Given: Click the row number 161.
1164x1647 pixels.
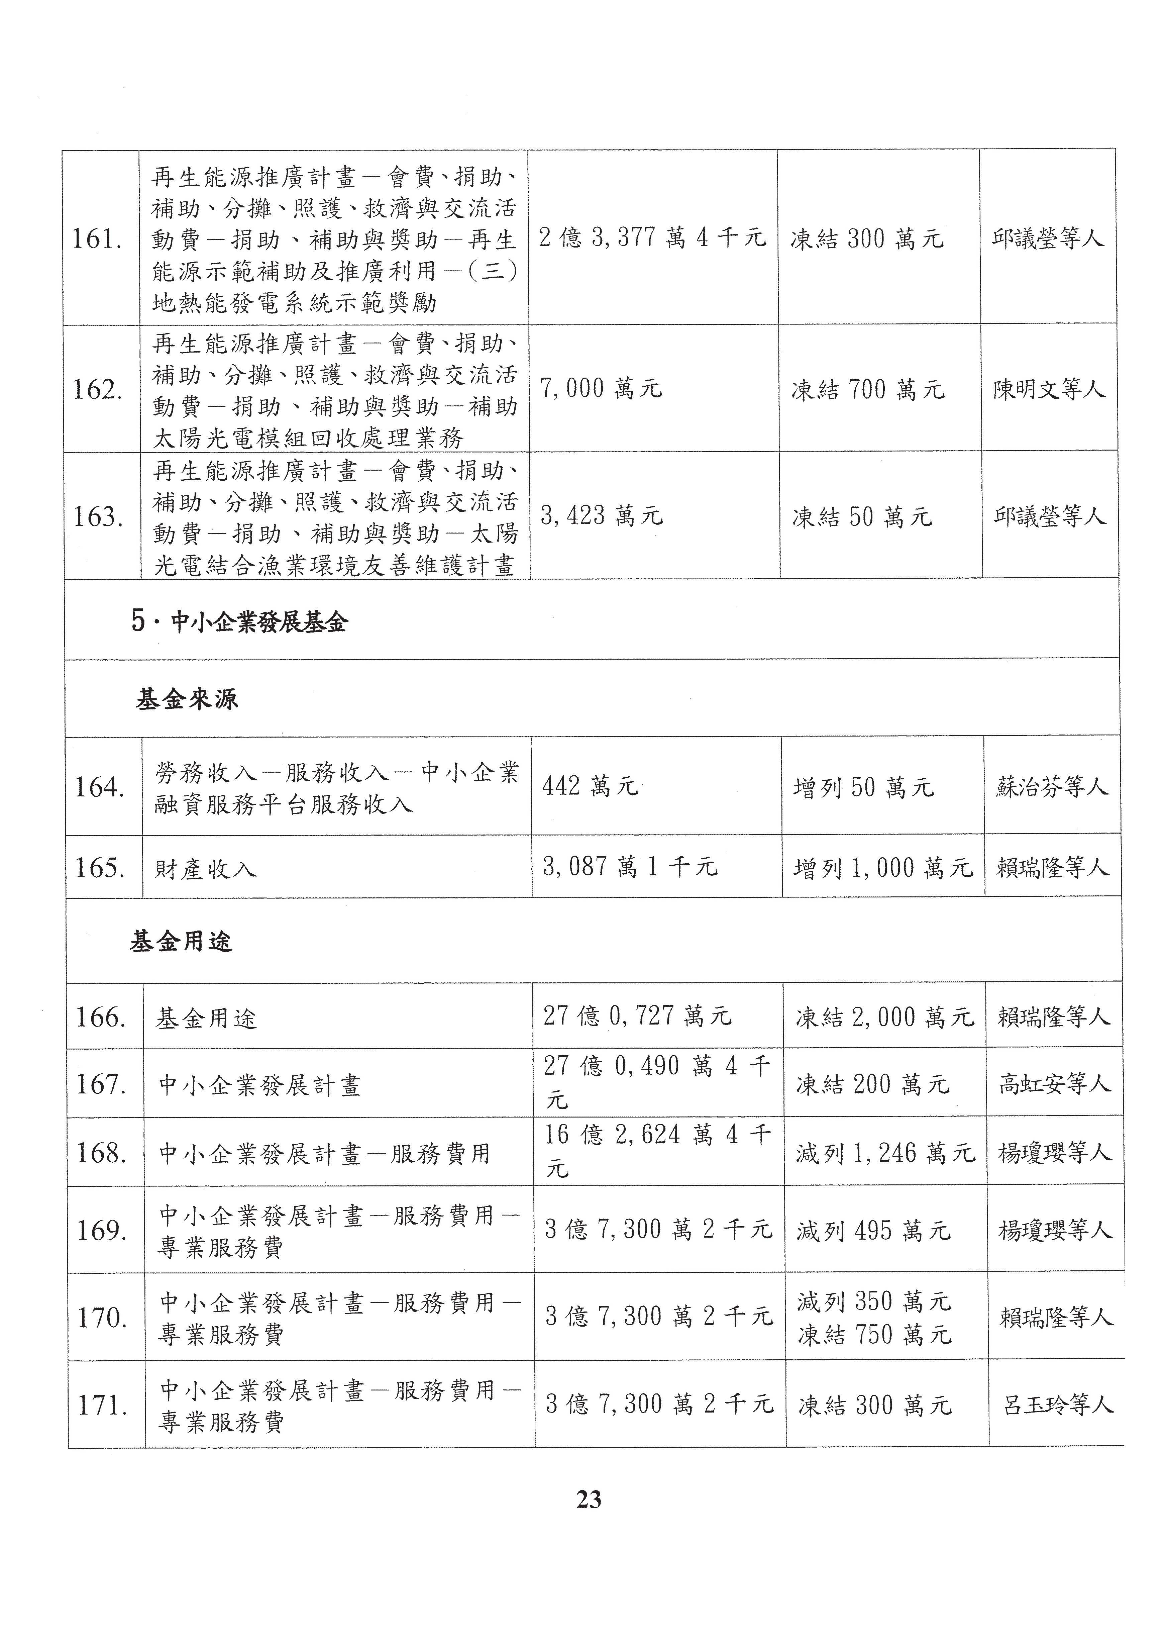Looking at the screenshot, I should (96, 239).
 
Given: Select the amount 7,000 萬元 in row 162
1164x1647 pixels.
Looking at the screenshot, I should (601, 389).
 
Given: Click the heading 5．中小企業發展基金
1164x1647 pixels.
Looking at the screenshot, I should (239, 621).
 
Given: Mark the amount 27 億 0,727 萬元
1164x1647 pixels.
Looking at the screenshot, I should (637, 1016).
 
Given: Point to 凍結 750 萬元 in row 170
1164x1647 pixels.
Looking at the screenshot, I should (874, 1334).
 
